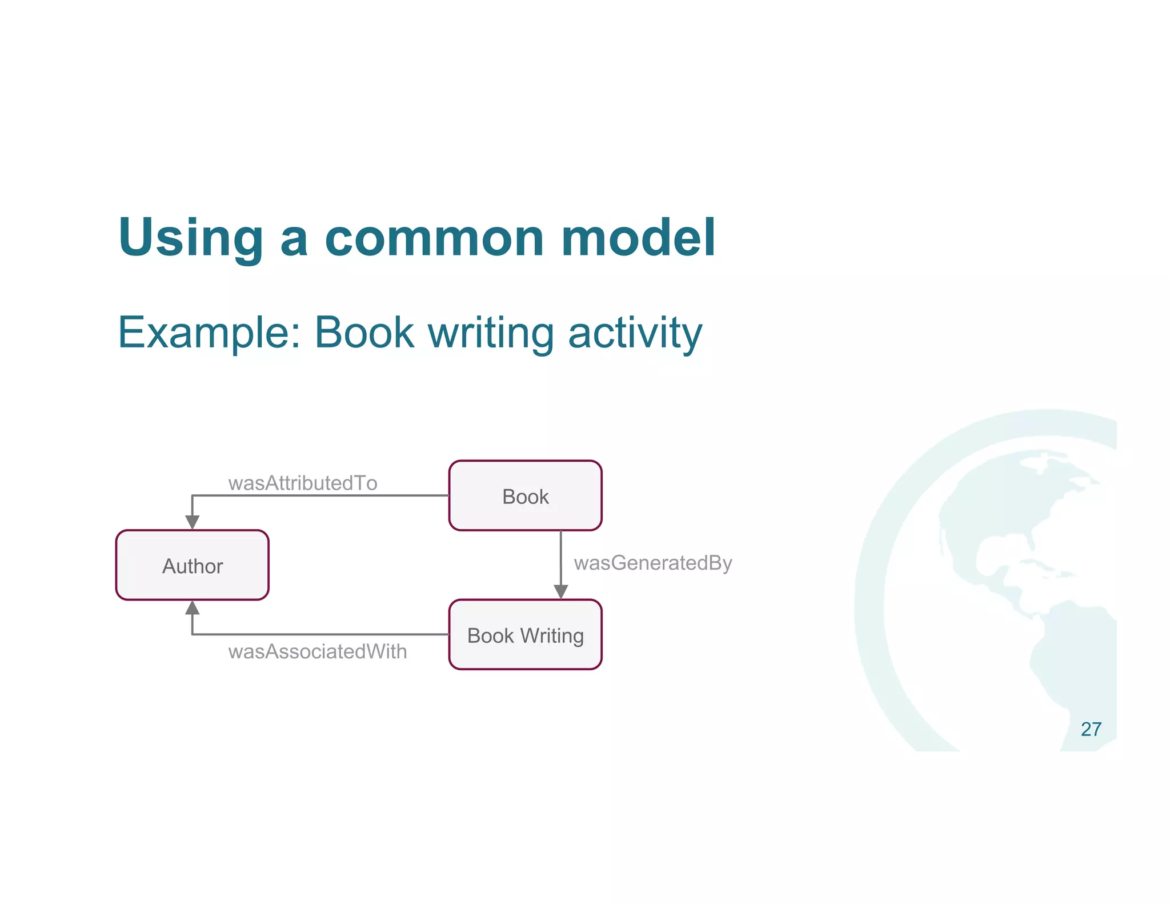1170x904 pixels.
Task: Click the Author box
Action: coord(192,565)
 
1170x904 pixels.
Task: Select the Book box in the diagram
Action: coord(525,495)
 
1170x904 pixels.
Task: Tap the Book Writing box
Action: coord(525,635)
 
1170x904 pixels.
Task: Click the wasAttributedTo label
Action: coord(302,483)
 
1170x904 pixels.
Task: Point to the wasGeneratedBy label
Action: coord(652,563)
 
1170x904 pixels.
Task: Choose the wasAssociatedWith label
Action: coord(317,651)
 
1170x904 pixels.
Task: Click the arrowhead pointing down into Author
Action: coord(192,522)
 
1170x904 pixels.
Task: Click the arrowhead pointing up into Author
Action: coord(192,608)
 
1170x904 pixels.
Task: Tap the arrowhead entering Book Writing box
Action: coord(561,591)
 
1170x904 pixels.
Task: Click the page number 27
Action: coord(1091,730)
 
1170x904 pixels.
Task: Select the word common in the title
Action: coord(434,238)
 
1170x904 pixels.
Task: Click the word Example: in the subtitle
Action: coord(209,333)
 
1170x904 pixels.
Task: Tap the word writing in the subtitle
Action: coord(491,333)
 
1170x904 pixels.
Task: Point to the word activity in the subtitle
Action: coord(635,333)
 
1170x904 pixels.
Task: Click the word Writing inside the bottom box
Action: coord(552,636)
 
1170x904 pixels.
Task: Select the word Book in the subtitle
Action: coord(364,332)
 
